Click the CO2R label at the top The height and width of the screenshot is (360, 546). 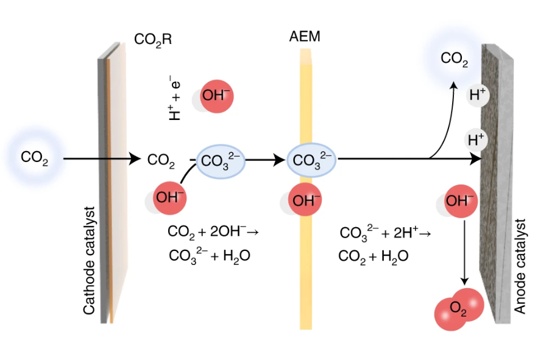point(153,40)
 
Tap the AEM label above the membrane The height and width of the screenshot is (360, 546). point(305,38)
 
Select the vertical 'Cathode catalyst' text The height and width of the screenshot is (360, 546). point(90,261)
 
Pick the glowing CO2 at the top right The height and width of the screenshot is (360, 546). point(455,58)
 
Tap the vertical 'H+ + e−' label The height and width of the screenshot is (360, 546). point(176,97)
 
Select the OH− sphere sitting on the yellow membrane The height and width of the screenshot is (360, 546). point(303,201)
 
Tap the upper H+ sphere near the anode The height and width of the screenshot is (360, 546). point(477,94)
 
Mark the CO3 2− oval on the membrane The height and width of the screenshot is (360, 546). point(311,160)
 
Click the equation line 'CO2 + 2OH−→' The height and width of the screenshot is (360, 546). point(213,232)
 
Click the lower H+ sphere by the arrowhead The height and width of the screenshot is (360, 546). point(476,139)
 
